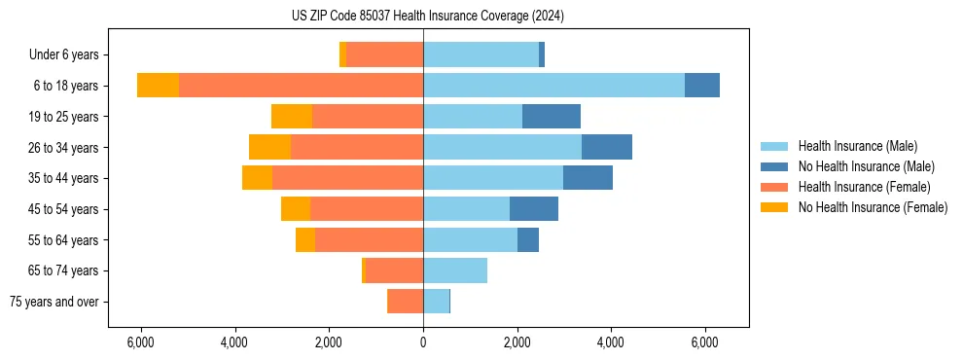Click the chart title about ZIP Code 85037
[x=427, y=16]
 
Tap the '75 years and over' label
[x=54, y=302]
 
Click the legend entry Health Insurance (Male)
[x=857, y=146]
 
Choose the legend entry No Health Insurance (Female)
[x=873, y=207]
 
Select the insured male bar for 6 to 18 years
[x=553, y=86]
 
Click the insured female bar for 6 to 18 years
[x=301, y=86]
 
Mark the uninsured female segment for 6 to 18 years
[x=158, y=86]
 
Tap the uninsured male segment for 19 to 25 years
[x=551, y=117]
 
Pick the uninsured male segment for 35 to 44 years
[x=588, y=178]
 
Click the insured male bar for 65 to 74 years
[x=455, y=270]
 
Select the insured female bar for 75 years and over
[x=405, y=302]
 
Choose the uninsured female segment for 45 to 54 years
[x=296, y=209]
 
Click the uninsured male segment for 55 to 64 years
[x=528, y=240]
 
